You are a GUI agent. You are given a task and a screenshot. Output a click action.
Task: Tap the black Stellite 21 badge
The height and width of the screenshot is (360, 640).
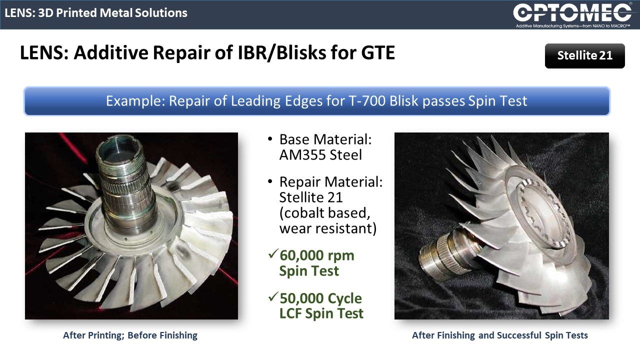click(x=584, y=55)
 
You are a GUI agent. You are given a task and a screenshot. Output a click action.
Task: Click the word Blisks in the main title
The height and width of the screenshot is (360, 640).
click(x=301, y=52)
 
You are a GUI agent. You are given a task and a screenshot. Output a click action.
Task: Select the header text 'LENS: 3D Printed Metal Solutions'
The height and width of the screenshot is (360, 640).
click(x=96, y=13)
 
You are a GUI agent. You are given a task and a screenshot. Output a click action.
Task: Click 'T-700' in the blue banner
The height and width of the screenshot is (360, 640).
click(x=367, y=101)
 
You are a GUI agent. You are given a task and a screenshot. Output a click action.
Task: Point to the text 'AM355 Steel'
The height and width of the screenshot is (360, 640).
click(x=320, y=155)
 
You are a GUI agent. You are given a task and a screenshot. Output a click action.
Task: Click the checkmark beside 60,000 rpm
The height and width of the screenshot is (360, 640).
click(x=273, y=253)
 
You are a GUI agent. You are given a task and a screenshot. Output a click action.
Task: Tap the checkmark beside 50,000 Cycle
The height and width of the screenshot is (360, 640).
click(x=273, y=296)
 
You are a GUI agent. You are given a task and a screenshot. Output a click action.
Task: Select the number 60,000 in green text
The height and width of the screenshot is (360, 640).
click(x=301, y=255)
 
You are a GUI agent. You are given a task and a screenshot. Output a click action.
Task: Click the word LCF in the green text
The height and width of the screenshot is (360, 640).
click(x=290, y=313)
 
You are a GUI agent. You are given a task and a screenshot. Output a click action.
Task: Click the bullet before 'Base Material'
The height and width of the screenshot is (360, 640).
click(x=270, y=139)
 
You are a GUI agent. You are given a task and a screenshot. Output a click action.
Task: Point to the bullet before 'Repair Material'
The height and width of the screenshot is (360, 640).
click(x=270, y=181)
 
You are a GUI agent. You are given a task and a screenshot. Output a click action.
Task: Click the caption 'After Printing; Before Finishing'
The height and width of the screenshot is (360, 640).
click(x=130, y=335)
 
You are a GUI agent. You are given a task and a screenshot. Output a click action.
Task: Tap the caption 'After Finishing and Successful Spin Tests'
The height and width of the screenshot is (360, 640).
click(x=500, y=335)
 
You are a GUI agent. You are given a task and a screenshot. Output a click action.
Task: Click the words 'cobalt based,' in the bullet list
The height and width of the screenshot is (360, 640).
click(x=324, y=213)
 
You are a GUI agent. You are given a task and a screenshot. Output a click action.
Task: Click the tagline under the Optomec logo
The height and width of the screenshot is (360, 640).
click(x=573, y=26)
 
